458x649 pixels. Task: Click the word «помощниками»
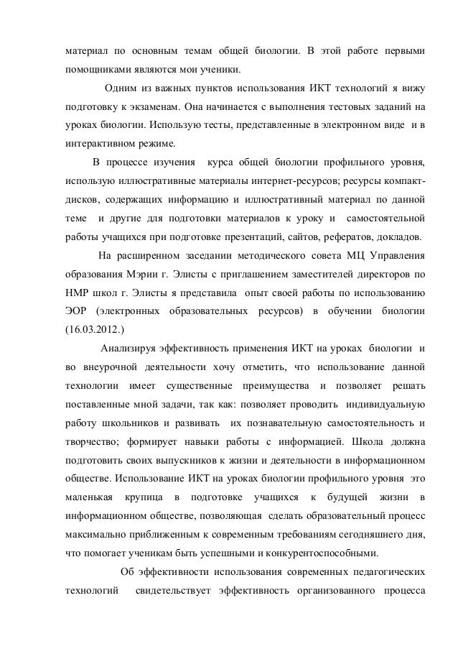96,71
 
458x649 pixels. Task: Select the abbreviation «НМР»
76,293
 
